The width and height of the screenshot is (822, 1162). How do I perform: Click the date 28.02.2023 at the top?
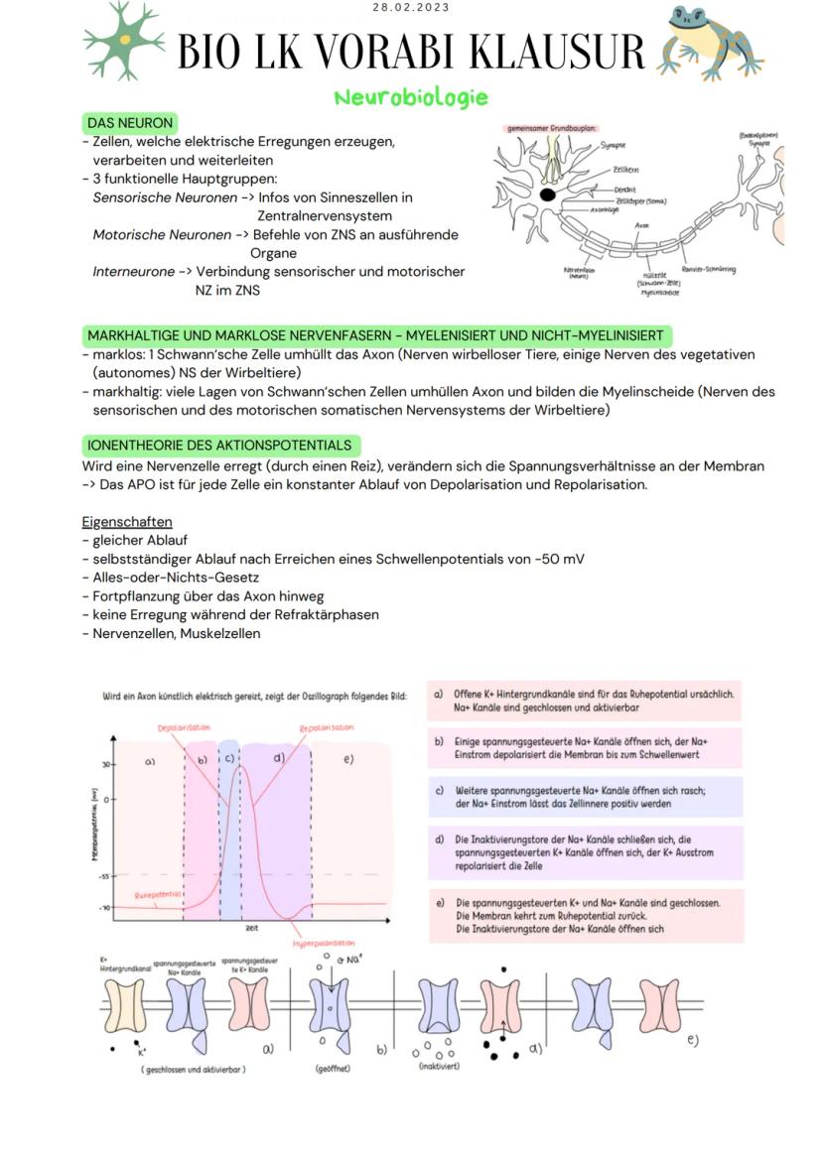(411, 8)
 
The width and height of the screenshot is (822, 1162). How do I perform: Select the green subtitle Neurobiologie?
(411, 97)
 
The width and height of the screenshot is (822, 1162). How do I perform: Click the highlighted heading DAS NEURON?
(130, 123)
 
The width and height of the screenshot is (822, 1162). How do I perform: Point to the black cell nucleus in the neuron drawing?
(547, 194)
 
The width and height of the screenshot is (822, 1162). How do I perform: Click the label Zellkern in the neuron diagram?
(626, 171)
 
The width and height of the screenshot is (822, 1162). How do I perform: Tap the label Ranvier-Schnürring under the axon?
(708, 270)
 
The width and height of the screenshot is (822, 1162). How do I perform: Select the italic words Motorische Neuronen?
(162, 235)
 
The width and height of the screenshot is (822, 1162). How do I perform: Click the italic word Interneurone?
(134, 271)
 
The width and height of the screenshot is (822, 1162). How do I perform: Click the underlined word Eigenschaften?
(127, 522)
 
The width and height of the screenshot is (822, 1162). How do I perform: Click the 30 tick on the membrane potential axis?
(103, 765)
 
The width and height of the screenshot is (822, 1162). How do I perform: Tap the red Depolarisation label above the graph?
(184, 727)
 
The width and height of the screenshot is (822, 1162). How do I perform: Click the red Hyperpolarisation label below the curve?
(324, 943)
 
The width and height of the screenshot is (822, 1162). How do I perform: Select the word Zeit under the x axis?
(252, 929)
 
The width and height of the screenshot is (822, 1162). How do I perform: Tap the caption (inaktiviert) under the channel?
(438, 1067)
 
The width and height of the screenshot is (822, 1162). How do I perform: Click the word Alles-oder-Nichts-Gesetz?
(176, 578)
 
